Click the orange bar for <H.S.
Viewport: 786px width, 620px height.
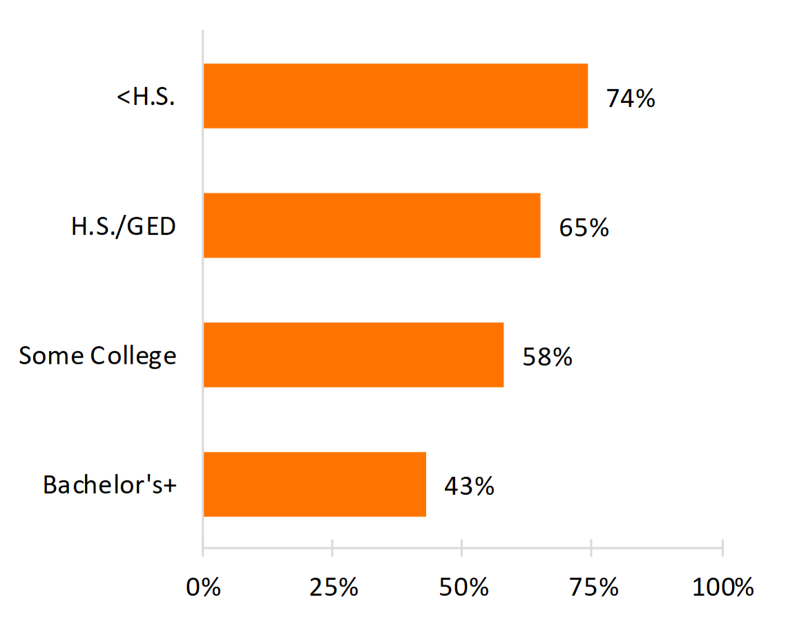(x=395, y=96)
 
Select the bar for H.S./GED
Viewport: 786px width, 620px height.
(x=372, y=225)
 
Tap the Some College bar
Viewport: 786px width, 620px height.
(x=353, y=355)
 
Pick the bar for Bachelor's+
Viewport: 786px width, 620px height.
(x=314, y=484)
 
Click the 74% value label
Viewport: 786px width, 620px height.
(x=631, y=98)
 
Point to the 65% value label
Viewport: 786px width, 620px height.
(x=584, y=227)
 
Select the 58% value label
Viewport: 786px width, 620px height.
(x=548, y=357)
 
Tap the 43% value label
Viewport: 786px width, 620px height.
(x=470, y=486)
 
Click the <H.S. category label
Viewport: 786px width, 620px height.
(x=146, y=97)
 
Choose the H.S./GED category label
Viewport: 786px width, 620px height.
(x=124, y=226)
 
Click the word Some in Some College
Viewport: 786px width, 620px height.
(x=50, y=356)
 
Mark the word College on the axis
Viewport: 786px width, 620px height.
(x=133, y=356)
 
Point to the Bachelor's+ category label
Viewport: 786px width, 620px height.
(x=110, y=485)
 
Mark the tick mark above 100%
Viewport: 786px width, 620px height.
(x=722, y=546)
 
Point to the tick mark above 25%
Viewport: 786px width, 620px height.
(x=333, y=546)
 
